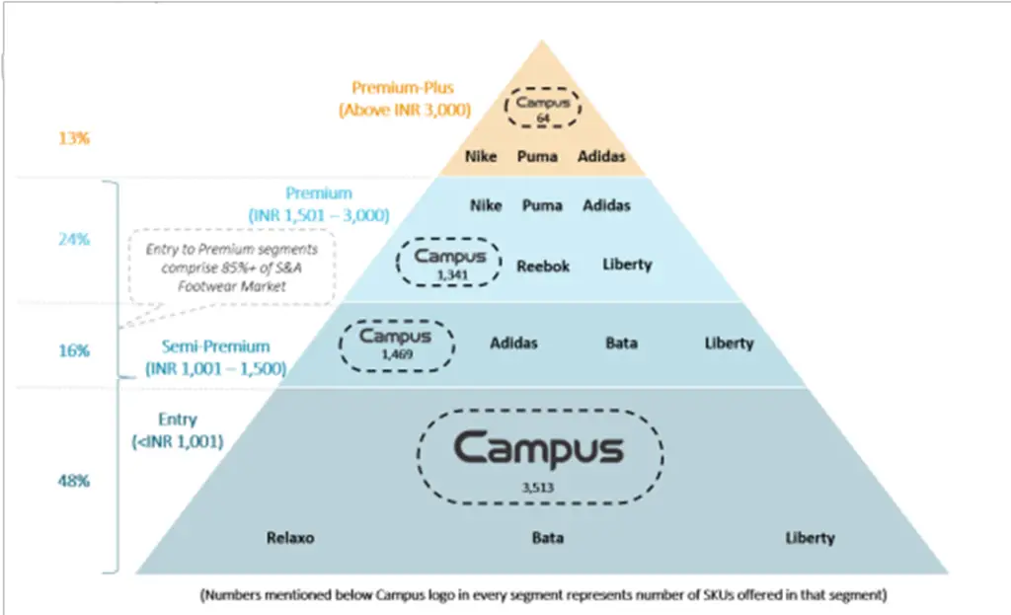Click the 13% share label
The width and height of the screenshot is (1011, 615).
point(73,138)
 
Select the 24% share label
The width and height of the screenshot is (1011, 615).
point(73,239)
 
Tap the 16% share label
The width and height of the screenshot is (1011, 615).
point(73,349)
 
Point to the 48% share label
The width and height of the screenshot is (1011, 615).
point(73,481)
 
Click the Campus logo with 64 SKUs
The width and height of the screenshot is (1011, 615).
point(542,107)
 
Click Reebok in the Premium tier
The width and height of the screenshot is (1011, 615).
point(543,266)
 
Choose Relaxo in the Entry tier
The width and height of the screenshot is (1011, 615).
point(290,538)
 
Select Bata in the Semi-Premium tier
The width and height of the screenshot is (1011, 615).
point(621,344)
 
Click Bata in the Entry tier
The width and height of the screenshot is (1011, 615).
point(548,538)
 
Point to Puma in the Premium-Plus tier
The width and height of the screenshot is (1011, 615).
point(538,156)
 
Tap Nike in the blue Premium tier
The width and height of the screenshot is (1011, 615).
point(486,205)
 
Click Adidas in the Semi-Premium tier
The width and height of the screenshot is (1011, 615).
point(514,344)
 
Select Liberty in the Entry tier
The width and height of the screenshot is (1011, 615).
point(810,538)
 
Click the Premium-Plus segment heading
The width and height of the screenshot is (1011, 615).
point(403,99)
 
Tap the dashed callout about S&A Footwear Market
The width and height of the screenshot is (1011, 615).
point(232,268)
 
